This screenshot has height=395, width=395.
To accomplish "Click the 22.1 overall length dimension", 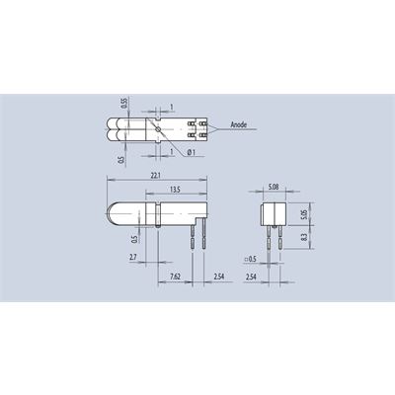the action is click(x=156, y=176).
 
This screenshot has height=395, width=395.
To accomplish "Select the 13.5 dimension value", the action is click(x=175, y=190).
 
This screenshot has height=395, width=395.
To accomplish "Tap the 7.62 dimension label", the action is click(x=175, y=276).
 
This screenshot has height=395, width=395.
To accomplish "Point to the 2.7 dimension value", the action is click(x=133, y=257).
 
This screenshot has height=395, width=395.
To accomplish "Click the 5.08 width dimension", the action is click(x=274, y=187).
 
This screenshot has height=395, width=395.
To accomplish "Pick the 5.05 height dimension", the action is click(x=304, y=214).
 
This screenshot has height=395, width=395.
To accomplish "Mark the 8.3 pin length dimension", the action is click(x=304, y=237).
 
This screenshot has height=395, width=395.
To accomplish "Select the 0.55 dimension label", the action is click(x=123, y=103).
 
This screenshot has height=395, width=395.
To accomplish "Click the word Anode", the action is click(x=239, y=124).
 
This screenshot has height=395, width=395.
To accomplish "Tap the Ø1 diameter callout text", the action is click(x=192, y=152).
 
